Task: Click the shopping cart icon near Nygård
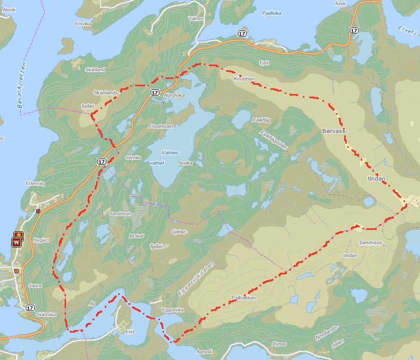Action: [x=17, y=241]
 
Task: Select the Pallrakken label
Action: [x=244, y=298]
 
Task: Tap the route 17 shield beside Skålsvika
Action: [x=29, y=307]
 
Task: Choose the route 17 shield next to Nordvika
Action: [x=155, y=92]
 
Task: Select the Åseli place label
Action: [x=354, y=3]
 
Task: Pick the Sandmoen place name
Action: [x=120, y=213]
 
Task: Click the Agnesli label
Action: [x=204, y=351]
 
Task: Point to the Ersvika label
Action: [x=82, y=23]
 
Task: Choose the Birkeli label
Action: [x=136, y=236]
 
